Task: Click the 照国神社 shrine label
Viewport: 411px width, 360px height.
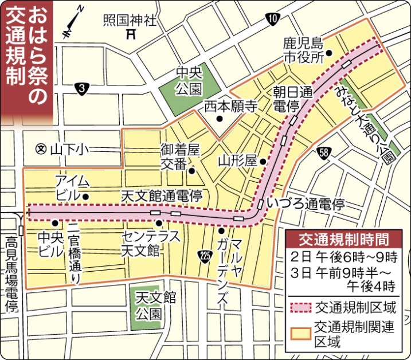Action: coord(131,21)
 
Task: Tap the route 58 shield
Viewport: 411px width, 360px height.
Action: coord(324,152)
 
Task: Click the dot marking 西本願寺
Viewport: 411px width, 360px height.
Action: coord(220,119)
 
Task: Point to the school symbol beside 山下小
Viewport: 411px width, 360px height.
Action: coord(40,148)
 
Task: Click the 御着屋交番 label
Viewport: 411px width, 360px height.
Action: coord(179,157)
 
